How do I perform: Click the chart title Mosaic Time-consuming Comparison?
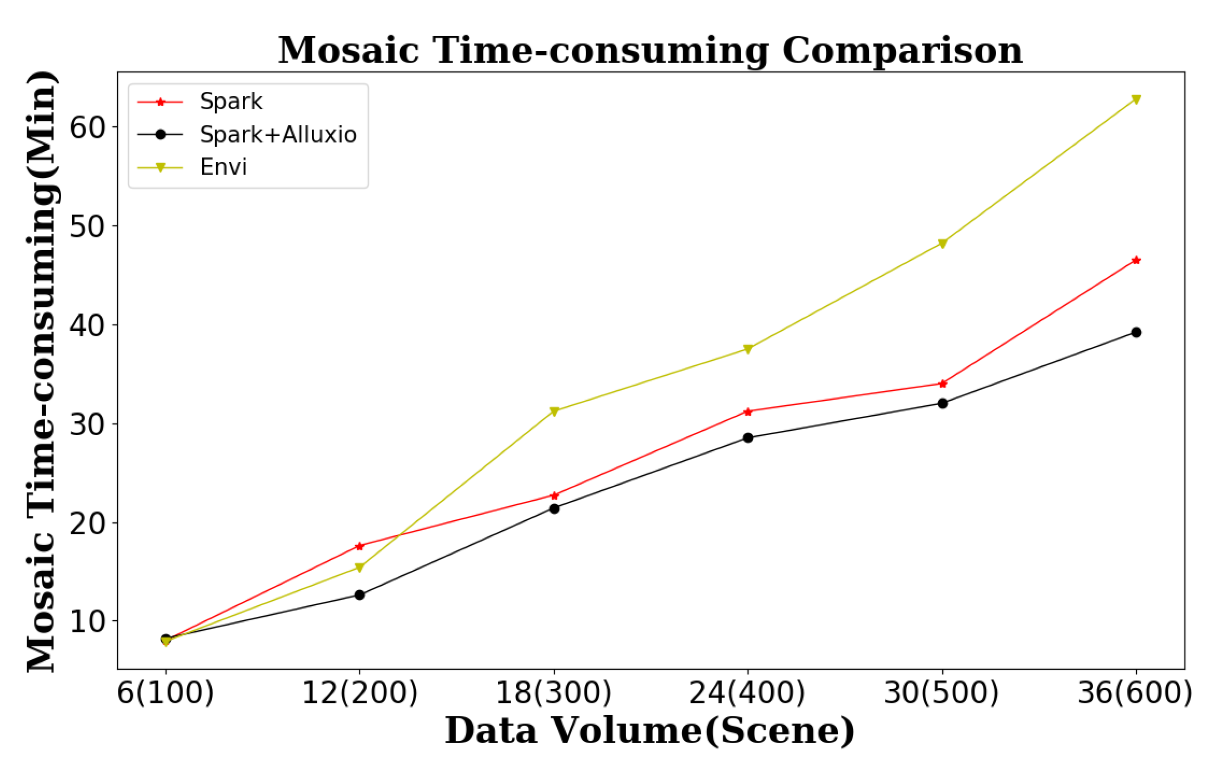(650, 51)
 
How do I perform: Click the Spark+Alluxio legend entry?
(278, 135)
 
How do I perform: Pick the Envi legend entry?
(223, 167)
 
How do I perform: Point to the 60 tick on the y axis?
(86, 128)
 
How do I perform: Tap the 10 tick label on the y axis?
(86, 621)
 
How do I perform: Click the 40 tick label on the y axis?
(86, 325)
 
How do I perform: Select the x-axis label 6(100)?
(166, 693)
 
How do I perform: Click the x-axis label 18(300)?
(554, 693)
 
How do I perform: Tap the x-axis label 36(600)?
(1135, 693)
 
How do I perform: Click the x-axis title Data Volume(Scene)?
(650, 731)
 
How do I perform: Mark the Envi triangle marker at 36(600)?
(1136, 100)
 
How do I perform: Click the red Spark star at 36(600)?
(1136, 261)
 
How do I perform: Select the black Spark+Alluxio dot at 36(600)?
(1136, 333)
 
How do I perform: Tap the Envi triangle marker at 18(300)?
(554, 411)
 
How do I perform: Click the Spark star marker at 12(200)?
(360, 546)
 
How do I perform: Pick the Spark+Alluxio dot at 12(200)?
(360, 595)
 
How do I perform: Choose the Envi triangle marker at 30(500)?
(943, 243)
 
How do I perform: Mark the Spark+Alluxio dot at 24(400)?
(748, 438)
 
